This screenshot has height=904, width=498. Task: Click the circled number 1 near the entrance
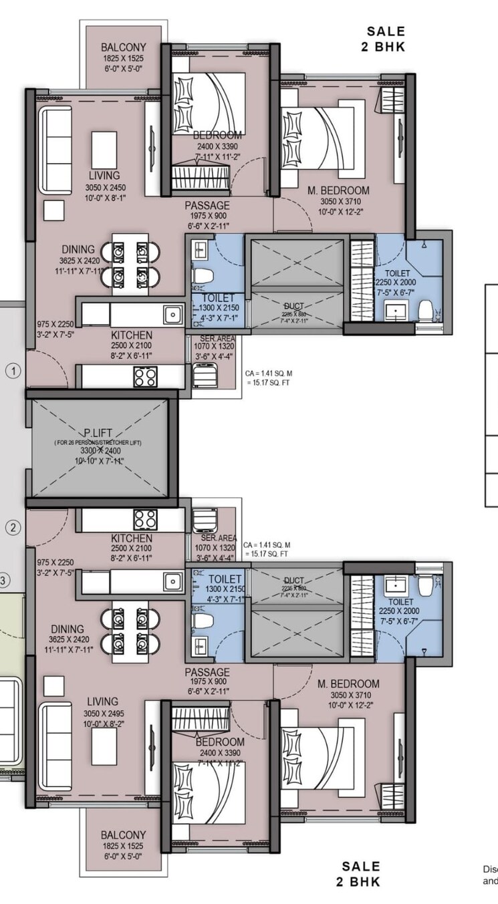pos(13,369)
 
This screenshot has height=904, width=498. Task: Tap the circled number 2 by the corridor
pos(13,528)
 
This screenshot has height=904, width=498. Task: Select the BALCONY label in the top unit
pos(123,47)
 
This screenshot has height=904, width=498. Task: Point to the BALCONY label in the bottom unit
pos(123,835)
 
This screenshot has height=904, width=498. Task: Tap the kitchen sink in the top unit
pos(173,313)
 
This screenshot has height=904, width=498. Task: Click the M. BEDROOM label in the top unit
pos(339,191)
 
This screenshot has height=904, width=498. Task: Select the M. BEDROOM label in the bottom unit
pos(348,684)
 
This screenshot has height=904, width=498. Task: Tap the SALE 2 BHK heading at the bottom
pos(361,874)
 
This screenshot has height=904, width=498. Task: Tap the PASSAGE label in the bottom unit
pos(207,672)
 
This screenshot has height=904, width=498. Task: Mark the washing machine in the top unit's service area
pos(203,375)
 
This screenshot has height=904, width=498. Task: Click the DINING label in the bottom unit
pos(67,629)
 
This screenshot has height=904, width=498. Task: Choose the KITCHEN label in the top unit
pos(131,335)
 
